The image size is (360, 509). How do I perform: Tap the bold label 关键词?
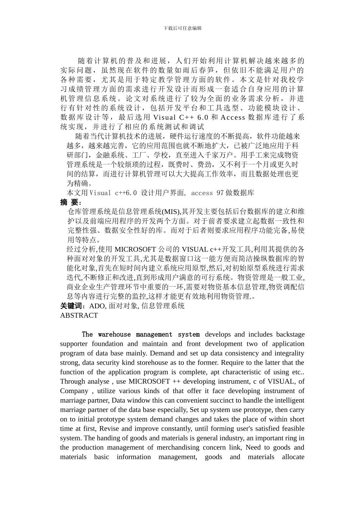tap(73, 306)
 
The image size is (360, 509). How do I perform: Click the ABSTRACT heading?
tap(79, 315)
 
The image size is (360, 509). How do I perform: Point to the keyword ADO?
tap(97, 306)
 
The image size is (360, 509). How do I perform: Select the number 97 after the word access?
tap(220, 193)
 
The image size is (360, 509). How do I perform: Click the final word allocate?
tap(293, 457)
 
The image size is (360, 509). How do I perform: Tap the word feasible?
tap(291, 429)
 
